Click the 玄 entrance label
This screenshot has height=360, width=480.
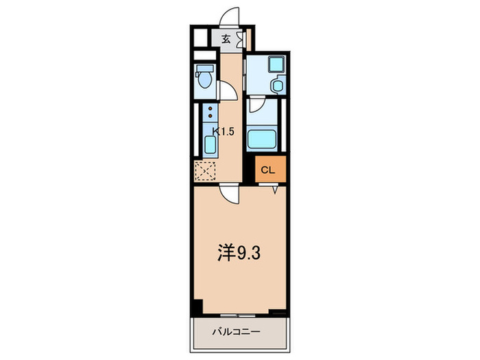tap(226, 39)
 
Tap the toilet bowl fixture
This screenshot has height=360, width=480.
tap(204, 77)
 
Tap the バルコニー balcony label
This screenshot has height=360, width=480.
tap(235, 332)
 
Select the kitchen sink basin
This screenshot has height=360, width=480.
tap(209, 144)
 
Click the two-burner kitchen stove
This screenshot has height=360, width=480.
tap(208, 114)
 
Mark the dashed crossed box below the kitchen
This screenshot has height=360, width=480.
tap(205, 171)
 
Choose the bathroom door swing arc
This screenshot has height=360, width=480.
tap(256, 104)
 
